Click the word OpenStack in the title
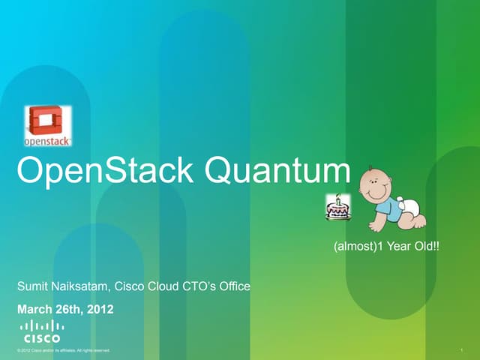tap(106, 172)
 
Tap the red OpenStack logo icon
tap(48, 120)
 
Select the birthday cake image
tap(337, 208)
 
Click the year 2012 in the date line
tap(100, 307)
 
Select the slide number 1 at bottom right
tap(466, 350)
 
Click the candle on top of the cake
tap(337, 199)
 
